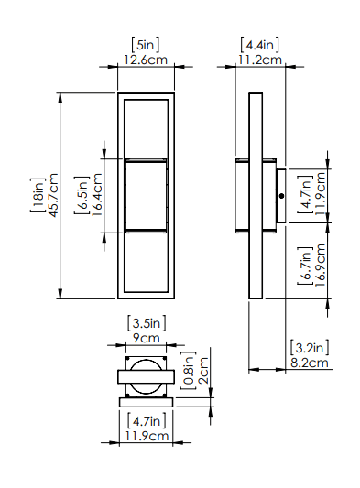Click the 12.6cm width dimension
tap(146, 60)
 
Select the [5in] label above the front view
tap(145, 45)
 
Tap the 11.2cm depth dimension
tap(260, 60)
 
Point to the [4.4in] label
tap(259, 45)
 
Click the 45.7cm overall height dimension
tap(53, 195)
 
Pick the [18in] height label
tap(38, 195)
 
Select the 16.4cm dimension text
tap(97, 195)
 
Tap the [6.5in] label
tap(82, 195)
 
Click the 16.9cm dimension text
tap(320, 266)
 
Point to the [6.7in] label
tap(305, 266)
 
